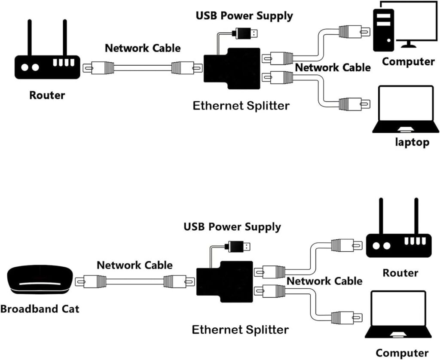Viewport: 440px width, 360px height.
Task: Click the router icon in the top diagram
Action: click(47, 67)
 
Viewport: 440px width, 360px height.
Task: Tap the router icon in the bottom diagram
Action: click(398, 245)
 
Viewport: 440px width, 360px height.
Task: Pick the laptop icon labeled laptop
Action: click(406, 110)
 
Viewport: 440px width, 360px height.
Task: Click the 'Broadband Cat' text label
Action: click(40, 308)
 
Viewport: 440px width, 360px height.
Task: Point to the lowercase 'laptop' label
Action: click(412, 142)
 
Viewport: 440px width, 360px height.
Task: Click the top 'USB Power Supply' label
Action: click(244, 15)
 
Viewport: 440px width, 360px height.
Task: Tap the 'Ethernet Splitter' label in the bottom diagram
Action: click(240, 329)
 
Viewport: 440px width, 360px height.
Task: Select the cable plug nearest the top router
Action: click(98, 67)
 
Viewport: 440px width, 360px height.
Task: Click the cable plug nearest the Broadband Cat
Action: click(91, 282)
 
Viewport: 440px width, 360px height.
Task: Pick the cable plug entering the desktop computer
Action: click(354, 31)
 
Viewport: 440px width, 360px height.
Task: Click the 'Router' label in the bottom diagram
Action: click(400, 272)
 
